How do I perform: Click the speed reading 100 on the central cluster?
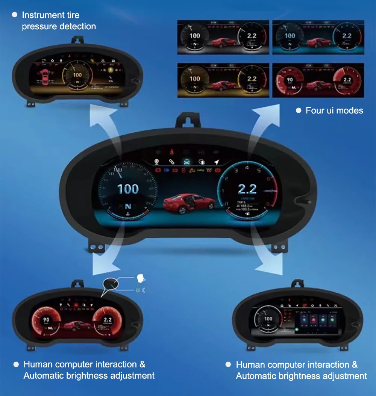128,189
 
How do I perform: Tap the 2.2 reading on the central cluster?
247,189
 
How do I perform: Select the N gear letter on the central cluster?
128,206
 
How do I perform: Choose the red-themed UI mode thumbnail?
318,80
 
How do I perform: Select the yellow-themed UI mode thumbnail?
223,80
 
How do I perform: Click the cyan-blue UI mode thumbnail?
318,37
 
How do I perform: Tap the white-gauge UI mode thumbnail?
223,37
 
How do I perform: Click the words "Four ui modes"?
334,110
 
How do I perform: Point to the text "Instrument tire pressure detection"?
59,21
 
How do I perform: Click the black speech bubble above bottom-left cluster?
111,283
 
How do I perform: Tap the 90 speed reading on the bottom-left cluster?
46,320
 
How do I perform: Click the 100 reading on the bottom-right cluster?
268,319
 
